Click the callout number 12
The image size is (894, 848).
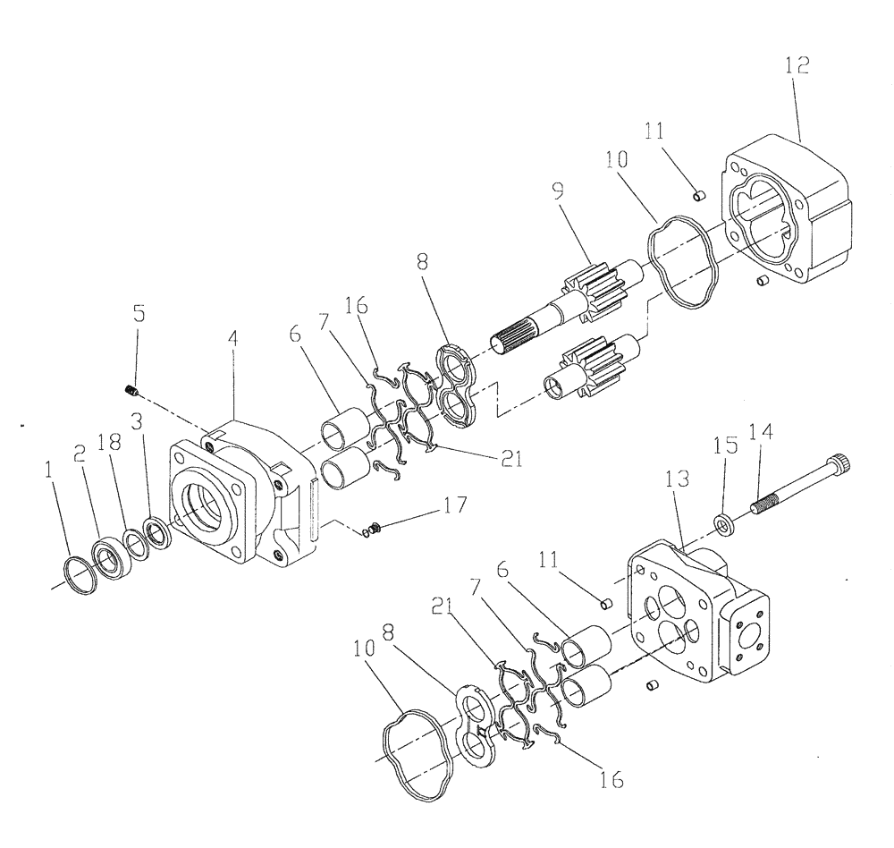pos(798,65)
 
